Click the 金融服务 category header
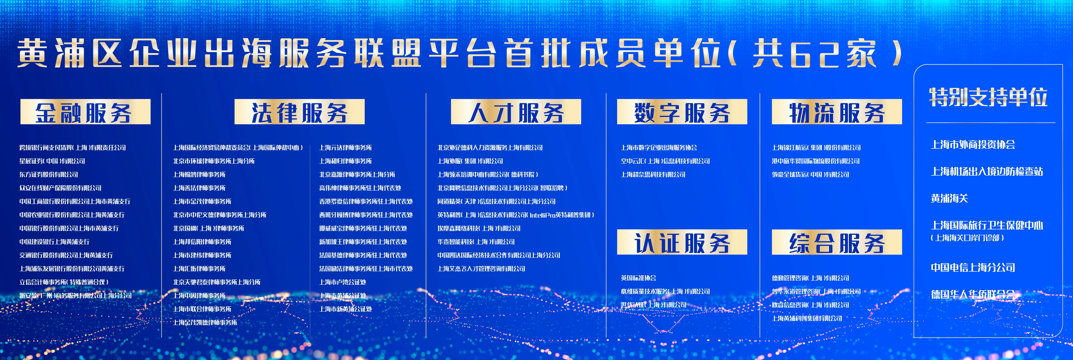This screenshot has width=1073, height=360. tap(85, 112)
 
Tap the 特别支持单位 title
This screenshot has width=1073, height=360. tap(988, 97)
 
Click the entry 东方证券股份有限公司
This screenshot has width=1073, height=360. tap(49, 175)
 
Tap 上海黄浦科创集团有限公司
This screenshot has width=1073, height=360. tap(807, 318)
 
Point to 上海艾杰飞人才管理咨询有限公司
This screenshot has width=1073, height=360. tap(481, 269)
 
